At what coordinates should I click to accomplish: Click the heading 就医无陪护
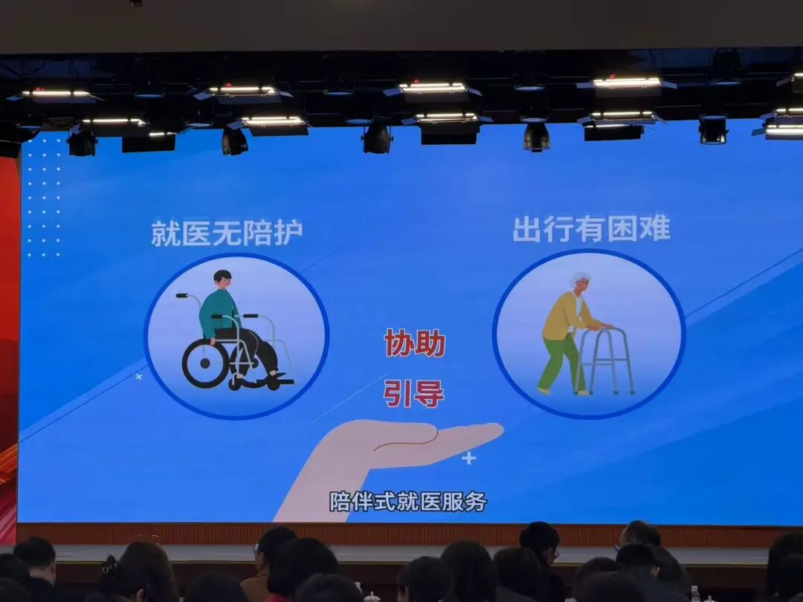(x=227, y=233)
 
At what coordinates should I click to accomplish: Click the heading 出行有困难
(x=591, y=229)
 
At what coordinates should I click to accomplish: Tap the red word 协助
(x=414, y=344)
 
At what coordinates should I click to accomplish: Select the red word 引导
(x=414, y=393)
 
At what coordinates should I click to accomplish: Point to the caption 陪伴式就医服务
(x=407, y=502)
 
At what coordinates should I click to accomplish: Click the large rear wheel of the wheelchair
(x=205, y=363)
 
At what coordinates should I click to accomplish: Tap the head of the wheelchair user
(x=222, y=279)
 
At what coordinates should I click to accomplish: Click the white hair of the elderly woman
(x=579, y=278)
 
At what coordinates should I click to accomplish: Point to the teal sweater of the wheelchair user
(x=217, y=311)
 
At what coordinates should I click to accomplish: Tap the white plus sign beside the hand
(x=468, y=458)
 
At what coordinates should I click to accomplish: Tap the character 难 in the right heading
(x=656, y=229)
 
